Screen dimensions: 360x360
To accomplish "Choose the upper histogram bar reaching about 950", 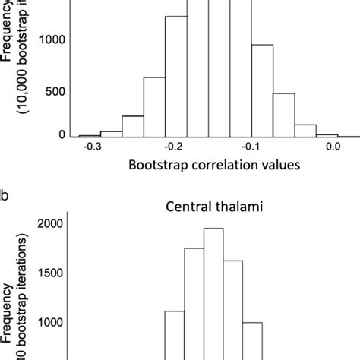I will click(x=262, y=90).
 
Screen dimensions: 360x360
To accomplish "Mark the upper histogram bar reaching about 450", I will click(x=283, y=115).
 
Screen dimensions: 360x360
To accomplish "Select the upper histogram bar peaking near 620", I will click(x=154, y=106).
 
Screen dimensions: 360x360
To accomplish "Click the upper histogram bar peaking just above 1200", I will click(x=176, y=76).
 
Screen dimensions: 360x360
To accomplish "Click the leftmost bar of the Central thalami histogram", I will click(x=175, y=335).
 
